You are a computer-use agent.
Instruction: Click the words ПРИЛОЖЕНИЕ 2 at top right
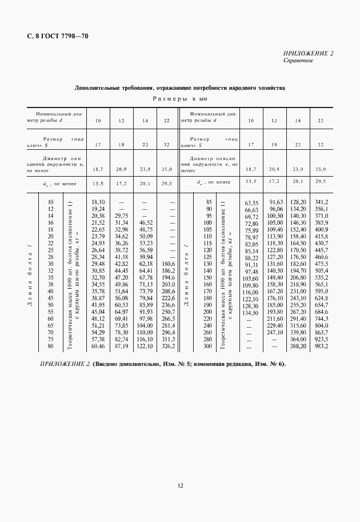(x=308, y=53)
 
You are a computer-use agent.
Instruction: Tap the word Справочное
(x=298, y=60)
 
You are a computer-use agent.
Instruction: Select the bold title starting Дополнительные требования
(x=180, y=88)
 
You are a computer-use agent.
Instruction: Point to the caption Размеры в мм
(x=180, y=99)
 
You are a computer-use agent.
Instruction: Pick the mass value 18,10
(x=98, y=202)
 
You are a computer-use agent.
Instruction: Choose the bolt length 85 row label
(x=209, y=202)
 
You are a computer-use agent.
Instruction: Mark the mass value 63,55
(x=252, y=203)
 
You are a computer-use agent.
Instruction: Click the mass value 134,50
(x=252, y=313)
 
